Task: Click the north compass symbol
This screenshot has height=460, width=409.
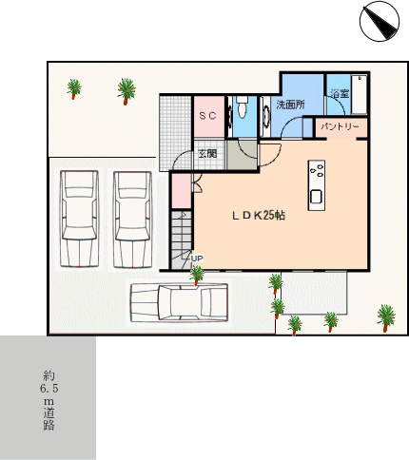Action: click(380, 21)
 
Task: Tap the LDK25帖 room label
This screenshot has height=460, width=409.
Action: click(259, 216)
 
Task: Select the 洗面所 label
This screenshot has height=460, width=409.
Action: click(290, 105)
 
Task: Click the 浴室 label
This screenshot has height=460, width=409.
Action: click(340, 93)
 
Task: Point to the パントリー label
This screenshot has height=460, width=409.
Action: click(340, 126)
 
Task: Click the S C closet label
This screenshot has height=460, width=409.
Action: click(207, 116)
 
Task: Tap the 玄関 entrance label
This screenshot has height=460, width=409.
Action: click(207, 154)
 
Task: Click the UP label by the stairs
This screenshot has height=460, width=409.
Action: click(197, 259)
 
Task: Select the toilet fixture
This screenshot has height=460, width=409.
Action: click(243, 106)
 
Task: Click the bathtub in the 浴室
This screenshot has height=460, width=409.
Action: click(359, 94)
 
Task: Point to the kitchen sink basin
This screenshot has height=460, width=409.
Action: click(316, 197)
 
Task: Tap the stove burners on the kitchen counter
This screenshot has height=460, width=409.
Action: click(317, 170)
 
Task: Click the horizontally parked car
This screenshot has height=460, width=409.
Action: click(179, 302)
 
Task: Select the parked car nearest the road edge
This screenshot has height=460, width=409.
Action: click(79, 219)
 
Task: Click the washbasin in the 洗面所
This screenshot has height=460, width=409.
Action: click(265, 116)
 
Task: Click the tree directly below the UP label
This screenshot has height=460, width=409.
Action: click(197, 275)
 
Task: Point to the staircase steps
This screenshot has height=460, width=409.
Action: click(182, 240)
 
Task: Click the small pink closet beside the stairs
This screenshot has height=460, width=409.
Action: click(182, 191)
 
